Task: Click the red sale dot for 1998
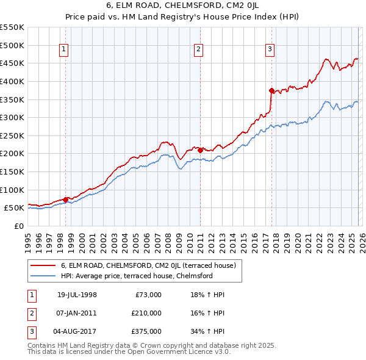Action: [65, 200]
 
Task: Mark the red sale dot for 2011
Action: [200, 150]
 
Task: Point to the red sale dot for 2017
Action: [271, 90]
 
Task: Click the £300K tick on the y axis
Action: [12, 117]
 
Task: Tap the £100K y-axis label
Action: [12, 190]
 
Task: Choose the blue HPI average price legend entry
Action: [136, 276]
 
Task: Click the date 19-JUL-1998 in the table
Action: [77, 295]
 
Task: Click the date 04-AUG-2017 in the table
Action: [77, 331]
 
